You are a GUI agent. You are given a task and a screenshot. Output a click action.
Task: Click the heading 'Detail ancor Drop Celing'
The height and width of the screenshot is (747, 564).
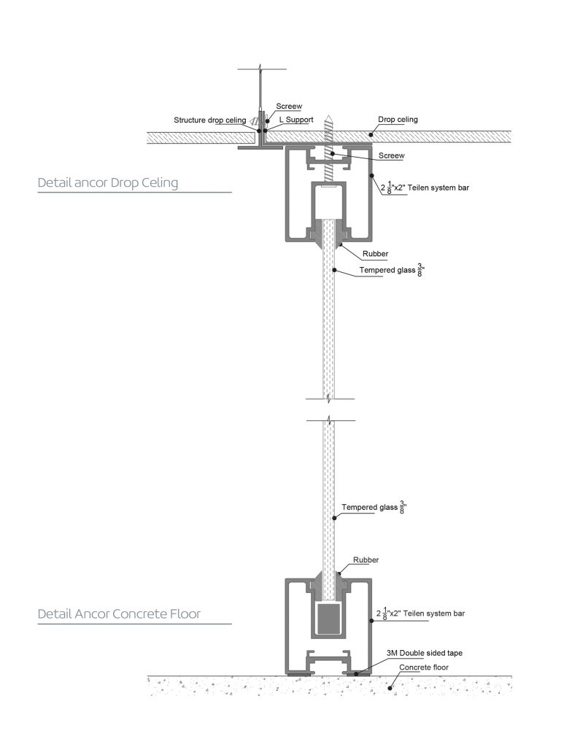pyautogui.click(x=107, y=183)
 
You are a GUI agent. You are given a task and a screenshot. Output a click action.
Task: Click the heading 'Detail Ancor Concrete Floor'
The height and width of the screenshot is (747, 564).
pyautogui.click(x=119, y=614)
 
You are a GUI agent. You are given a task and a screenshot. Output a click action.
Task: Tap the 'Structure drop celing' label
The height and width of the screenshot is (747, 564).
pyautogui.click(x=209, y=120)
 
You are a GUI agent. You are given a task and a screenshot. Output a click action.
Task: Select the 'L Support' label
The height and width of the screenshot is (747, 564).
pyautogui.click(x=295, y=120)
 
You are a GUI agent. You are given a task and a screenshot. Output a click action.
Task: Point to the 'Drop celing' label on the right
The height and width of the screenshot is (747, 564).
pyautogui.click(x=398, y=120)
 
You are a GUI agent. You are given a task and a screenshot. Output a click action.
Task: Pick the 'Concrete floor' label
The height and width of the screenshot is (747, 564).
pyautogui.click(x=423, y=667)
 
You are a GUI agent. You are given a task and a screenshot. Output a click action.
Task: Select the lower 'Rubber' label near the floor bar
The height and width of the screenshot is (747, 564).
pyautogui.click(x=366, y=560)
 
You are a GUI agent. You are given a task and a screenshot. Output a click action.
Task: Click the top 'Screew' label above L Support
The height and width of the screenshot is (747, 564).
pyautogui.click(x=288, y=107)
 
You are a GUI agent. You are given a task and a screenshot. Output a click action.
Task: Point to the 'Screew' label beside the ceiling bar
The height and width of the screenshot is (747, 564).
pyautogui.click(x=391, y=155)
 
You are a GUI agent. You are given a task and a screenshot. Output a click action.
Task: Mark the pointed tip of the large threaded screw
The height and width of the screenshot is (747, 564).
pyautogui.click(x=331, y=114)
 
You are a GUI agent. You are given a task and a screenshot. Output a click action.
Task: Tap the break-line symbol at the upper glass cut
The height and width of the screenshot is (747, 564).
pyautogui.click(x=331, y=399)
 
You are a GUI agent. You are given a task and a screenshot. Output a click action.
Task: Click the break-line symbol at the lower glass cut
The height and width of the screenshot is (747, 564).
pyautogui.click(x=331, y=421)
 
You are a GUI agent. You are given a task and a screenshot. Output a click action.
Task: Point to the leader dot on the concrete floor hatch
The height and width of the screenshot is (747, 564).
pyautogui.click(x=391, y=686)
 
